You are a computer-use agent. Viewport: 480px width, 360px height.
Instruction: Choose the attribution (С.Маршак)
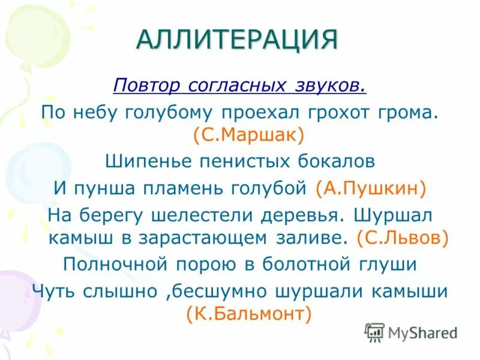pos(248,134)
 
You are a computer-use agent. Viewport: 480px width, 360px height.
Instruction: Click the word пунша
pos(101,188)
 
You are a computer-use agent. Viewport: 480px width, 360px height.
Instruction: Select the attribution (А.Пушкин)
pos(370,188)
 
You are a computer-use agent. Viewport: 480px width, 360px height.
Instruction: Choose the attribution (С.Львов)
pos(402,238)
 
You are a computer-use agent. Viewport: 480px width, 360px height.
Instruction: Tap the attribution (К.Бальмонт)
pos(248,314)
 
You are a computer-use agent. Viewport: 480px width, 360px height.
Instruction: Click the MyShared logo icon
pos(374,332)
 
